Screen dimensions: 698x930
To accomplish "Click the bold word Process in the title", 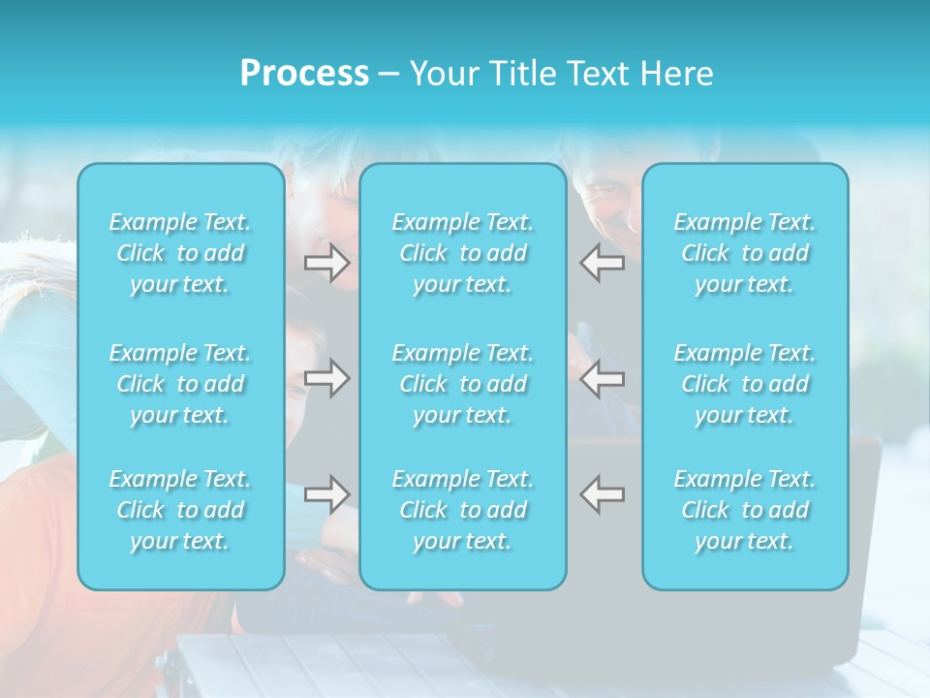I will click(304, 74).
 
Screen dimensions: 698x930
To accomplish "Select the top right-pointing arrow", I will click(326, 263).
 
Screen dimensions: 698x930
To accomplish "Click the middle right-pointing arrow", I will click(326, 378).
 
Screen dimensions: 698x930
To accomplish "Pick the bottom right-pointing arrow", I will click(326, 493).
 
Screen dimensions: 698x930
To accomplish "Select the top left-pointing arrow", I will click(602, 263).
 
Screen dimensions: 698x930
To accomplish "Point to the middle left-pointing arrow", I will click(602, 378).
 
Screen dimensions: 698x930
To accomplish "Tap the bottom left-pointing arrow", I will click(602, 493).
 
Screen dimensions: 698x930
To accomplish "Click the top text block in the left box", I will click(180, 253).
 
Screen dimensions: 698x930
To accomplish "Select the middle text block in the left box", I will click(180, 384).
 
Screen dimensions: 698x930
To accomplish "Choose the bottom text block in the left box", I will click(180, 510).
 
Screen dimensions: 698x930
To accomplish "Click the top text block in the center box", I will click(463, 253).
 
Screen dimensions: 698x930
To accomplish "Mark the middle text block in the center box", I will click(463, 384).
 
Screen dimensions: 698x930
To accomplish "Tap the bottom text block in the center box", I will click(463, 510).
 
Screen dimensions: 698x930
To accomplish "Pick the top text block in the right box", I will click(745, 253).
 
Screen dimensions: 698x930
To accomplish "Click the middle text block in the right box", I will click(745, 384).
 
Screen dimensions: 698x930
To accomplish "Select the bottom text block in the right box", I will click(745, 510).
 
